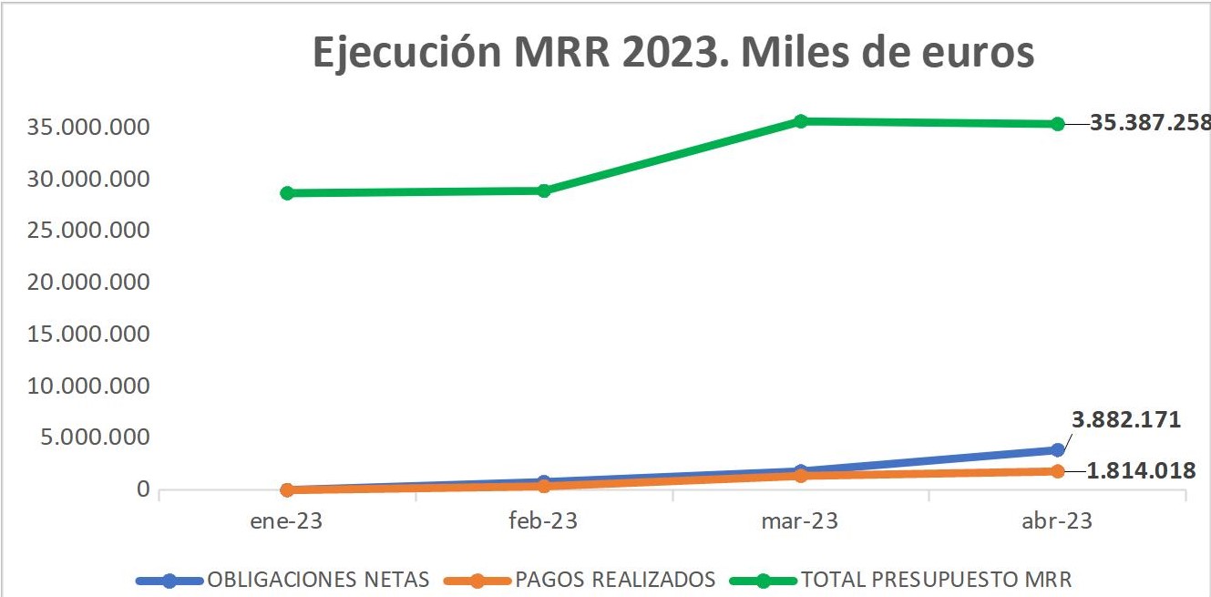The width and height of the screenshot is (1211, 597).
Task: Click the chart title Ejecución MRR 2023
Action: pos(673,52)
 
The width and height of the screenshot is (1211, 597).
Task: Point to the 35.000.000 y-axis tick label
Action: pos(88,127)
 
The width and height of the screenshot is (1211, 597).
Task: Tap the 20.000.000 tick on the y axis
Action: pos(88,283)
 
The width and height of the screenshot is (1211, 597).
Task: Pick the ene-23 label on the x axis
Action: pos(287,521)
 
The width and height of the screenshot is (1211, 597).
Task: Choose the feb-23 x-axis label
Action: pos(544,521)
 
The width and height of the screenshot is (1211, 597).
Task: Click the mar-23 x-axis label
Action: pos(800,521)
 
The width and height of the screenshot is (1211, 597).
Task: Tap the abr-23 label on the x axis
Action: pos(1057,521)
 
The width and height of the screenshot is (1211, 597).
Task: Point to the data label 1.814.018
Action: pos(1141,471)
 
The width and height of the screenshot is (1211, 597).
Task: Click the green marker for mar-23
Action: pos(801,121)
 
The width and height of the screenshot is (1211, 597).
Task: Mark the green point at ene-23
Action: pos(287,193)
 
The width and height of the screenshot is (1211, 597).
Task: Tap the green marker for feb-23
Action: pos(544,190)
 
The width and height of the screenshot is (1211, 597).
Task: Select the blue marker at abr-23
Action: pos(1057,449)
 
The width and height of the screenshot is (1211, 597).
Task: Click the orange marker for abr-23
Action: pos(1057,471)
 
